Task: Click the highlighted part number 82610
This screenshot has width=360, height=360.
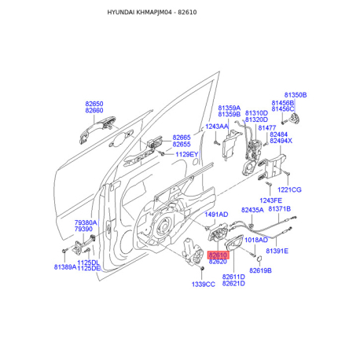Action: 218,255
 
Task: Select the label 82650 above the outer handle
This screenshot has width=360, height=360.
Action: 94,104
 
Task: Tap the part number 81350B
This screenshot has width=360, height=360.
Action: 296,95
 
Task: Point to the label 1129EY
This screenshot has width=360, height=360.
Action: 187,154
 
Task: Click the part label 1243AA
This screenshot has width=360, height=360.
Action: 217,127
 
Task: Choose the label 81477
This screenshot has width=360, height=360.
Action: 267,128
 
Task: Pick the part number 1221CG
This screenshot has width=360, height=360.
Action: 289,189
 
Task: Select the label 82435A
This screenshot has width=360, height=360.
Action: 252,210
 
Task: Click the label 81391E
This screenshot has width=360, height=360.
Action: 277,251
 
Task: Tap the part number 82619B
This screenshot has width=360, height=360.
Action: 260,270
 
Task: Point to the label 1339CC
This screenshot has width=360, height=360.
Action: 204,285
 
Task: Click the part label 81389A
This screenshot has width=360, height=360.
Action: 65,267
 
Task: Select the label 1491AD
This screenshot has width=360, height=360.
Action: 216,215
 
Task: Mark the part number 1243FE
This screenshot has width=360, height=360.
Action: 271,200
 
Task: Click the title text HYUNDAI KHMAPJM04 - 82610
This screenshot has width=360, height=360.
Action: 152,13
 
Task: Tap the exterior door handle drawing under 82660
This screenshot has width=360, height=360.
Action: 96,128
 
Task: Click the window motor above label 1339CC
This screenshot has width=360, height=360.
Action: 193,252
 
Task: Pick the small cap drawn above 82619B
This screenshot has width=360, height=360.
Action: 259,259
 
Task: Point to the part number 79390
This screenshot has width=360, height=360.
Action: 83,230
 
